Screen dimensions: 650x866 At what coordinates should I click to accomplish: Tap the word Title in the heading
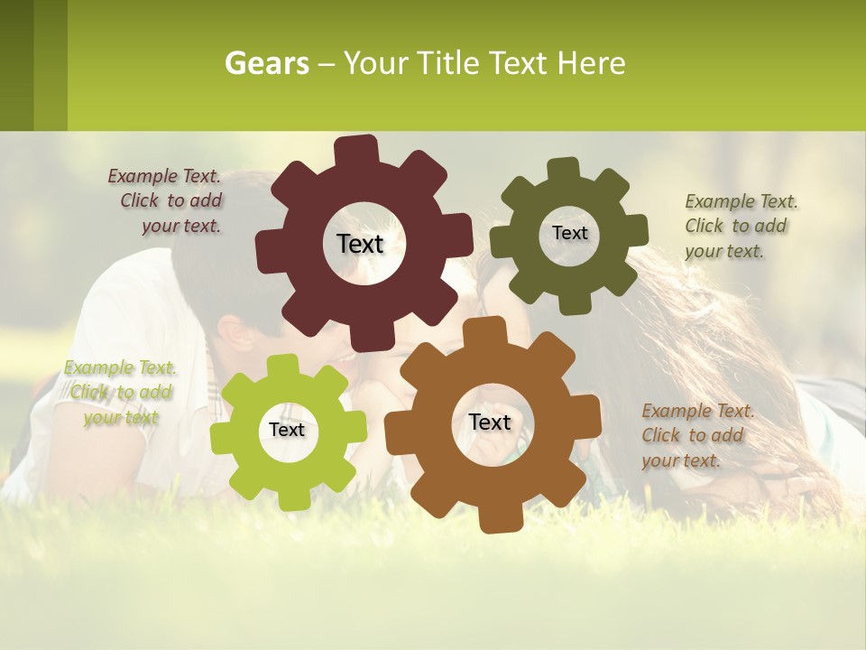[444, 64]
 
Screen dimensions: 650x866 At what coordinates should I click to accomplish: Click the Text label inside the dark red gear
[360, 244]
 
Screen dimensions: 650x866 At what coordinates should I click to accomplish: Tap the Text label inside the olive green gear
[569, 233]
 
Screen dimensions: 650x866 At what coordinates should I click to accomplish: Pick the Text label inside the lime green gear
[287, 430]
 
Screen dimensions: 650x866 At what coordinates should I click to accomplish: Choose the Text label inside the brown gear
[490, 422]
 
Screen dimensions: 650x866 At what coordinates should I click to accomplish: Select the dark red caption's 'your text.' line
[181, 227]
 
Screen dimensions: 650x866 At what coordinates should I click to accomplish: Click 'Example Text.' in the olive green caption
[742, 201]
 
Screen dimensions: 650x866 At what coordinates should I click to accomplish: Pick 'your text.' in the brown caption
[681, 460]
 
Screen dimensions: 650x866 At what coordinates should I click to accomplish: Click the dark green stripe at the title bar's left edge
[16, 65]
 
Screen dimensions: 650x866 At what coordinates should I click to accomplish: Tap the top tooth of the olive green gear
[562, 169]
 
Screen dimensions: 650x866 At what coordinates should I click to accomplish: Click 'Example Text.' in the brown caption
[698, 411]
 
